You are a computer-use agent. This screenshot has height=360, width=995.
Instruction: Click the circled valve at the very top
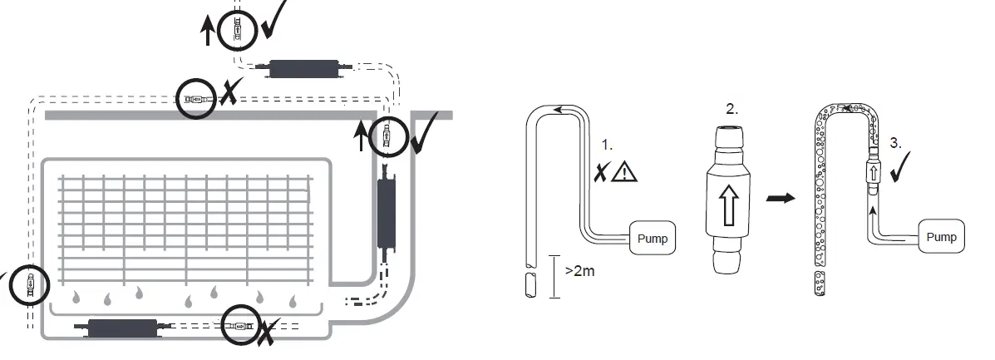pos(238,32)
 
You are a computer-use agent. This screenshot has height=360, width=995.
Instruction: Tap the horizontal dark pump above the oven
pos(302,70)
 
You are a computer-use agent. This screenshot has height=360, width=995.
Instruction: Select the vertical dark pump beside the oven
pos(388,215)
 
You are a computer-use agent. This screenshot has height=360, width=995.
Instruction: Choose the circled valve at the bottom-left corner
pos(30,285)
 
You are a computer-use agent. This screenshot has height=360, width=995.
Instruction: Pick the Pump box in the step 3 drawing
pos(941,237)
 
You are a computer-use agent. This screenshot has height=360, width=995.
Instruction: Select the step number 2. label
pos(731,109)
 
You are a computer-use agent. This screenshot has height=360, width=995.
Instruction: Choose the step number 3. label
pos(895,142)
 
